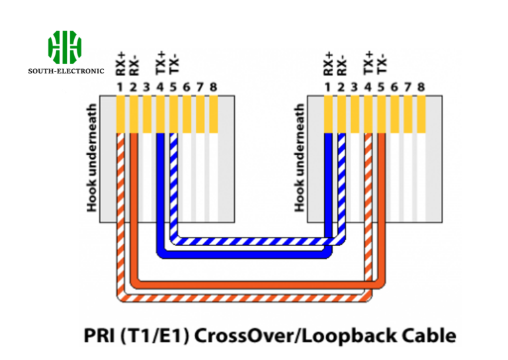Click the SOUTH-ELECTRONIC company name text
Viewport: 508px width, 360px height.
pyautogui.click(x=65, y=70)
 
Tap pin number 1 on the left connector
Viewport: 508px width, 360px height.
pyautogui.click(x=120, y=87)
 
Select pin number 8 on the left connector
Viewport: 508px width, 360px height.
pyautogui.click(x=213, y=87)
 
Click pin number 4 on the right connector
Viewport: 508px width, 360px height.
pyautogui.click(x=368, y=87)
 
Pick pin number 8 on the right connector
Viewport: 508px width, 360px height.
pyautogui.click(x=421, y=87)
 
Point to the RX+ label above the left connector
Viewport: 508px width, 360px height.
pyautogui.click(x=120, y=65)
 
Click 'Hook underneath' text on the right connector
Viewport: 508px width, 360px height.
pyautogui.click(x=300, y=158)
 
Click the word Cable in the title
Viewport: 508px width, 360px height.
pyautogui.click(x=429, y=336)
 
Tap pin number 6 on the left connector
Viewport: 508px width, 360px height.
pyautogui.click(x=187, y=87)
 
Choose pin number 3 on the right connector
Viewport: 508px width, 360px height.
pyautogui.click(x=355, y=87)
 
